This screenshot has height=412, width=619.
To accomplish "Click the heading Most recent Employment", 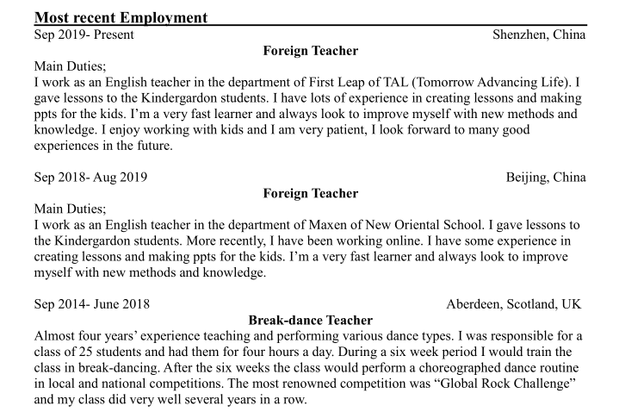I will point(121,17).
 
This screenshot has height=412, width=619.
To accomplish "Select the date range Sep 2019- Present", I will point(83,35).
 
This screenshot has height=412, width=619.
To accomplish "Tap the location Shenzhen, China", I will point(539,35).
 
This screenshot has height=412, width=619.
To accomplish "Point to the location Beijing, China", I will point(546,178).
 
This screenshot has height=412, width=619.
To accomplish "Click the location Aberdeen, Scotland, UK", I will point(516,304).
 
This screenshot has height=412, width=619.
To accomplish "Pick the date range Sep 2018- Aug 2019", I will point(90,178).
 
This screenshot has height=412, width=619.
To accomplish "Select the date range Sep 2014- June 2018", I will point(91,304).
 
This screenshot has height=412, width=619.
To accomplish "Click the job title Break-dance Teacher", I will point(310,320).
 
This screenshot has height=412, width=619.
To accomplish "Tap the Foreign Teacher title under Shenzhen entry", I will point(310,51).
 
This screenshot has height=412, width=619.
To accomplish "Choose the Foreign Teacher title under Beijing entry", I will point(310,193).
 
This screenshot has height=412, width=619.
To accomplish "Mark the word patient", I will point(325,130).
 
